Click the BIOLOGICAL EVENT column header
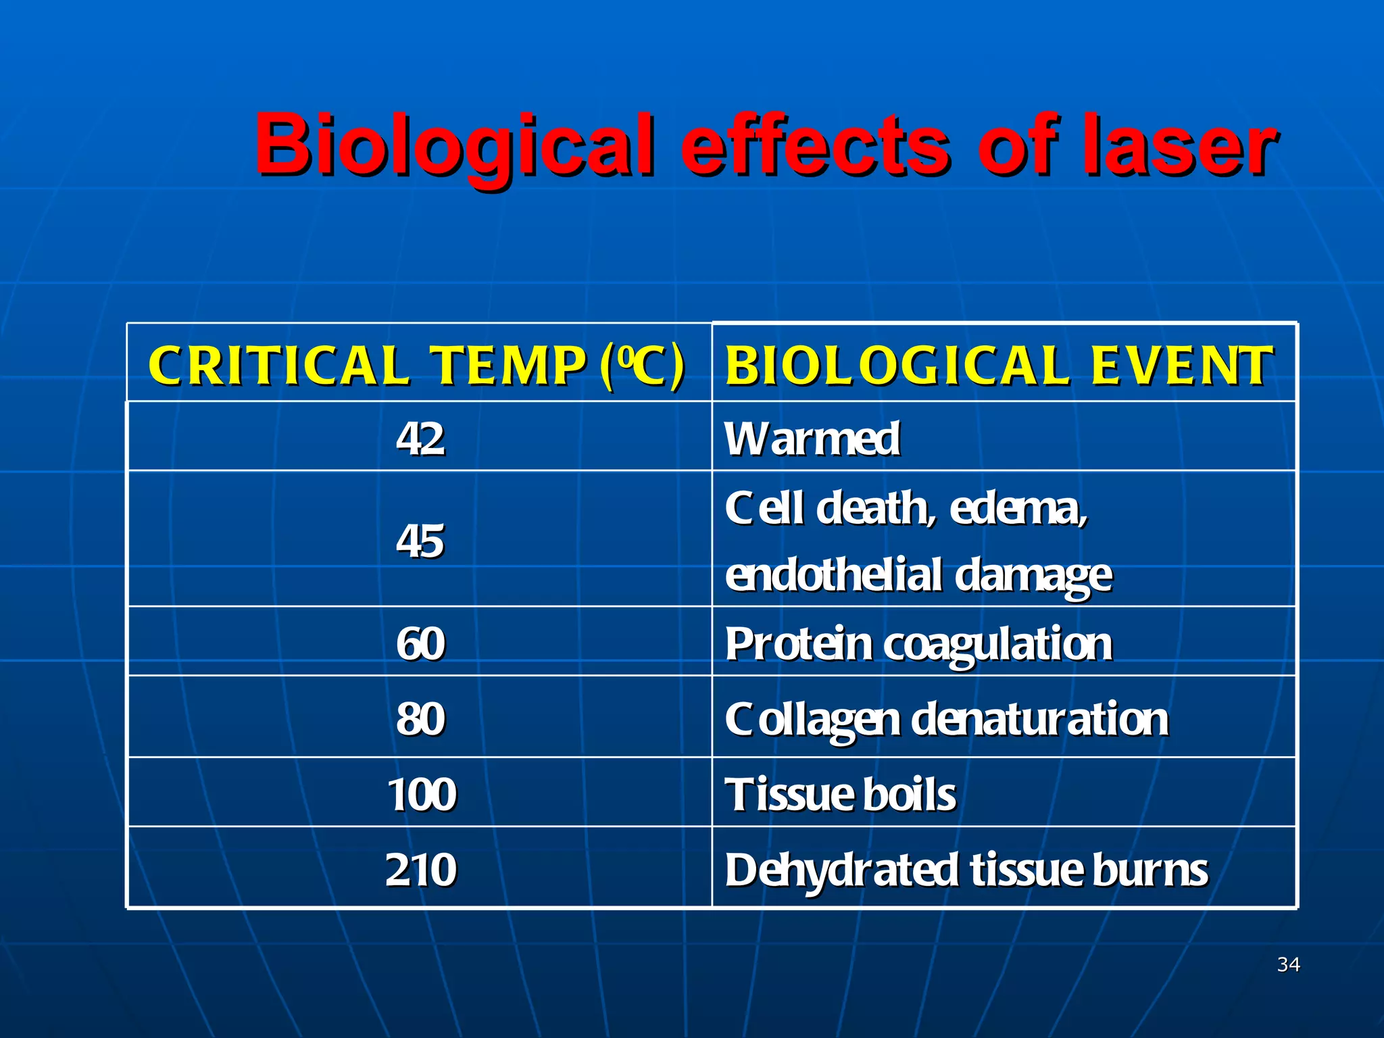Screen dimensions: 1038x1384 pos(999,366)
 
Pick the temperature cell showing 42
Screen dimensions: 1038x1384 pos(420,439)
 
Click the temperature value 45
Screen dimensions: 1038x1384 pos(420,541)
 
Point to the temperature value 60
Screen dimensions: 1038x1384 pos(420,643)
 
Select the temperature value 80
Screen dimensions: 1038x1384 pos(420,718)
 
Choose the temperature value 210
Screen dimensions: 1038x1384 pos(420,869)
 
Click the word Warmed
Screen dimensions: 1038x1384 pos(812,439)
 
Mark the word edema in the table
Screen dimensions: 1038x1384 pos(1018,508)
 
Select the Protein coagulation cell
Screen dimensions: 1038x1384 pos(918,643)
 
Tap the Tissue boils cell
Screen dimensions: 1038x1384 pos(840,794)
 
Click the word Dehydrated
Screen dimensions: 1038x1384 pos(841,870)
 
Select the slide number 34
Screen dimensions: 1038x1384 pos(1288,964)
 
